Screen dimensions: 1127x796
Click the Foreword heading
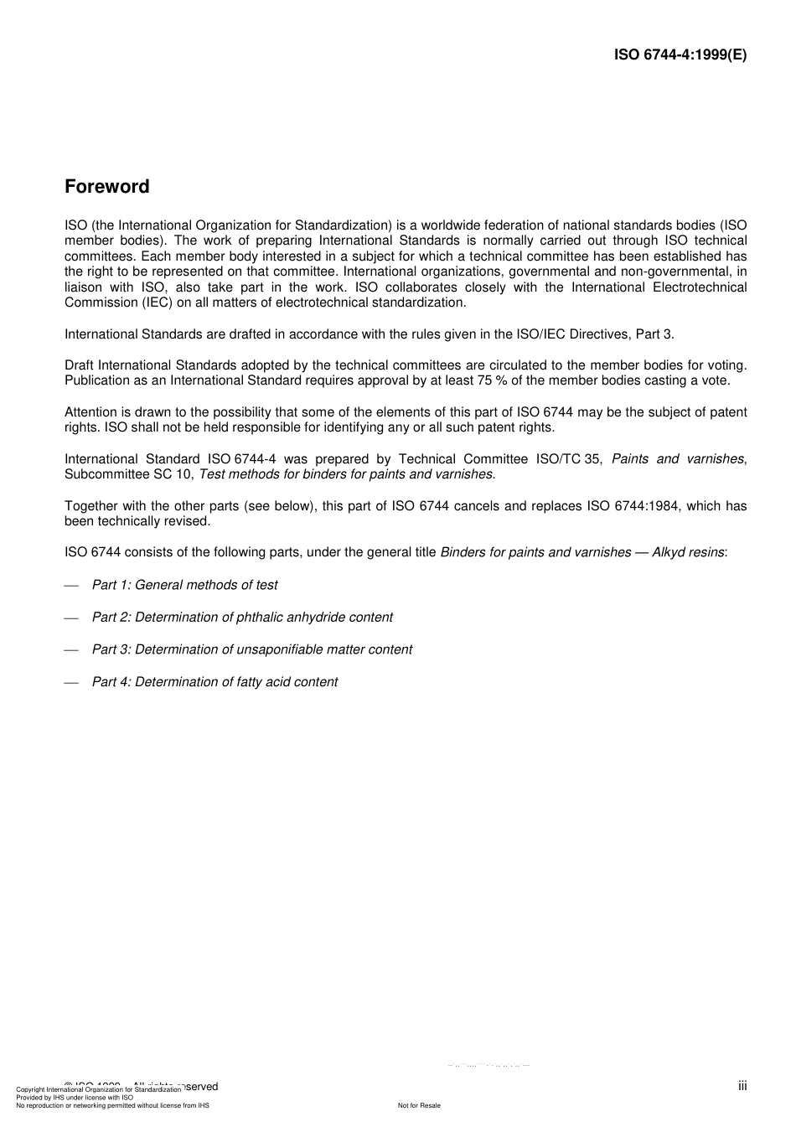pos(107,187)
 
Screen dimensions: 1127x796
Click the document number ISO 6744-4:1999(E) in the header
pos(680,55)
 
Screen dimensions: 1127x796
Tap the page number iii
pos(742,1086)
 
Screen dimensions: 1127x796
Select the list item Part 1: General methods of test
pos(184,585)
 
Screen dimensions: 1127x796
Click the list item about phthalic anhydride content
pos(241,618)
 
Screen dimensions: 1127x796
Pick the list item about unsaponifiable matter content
pos(251,649)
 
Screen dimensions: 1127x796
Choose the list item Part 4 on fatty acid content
pos(215,682)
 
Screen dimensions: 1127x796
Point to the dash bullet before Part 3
pos(71,650)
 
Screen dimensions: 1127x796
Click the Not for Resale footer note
pos(419,1105)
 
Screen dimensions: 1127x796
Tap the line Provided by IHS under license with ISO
pos(75,1098)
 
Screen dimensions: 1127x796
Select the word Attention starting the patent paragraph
pos(92,412)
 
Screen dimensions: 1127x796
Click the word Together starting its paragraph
pos(92,506)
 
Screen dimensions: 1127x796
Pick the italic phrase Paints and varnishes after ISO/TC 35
pos(677,459)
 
